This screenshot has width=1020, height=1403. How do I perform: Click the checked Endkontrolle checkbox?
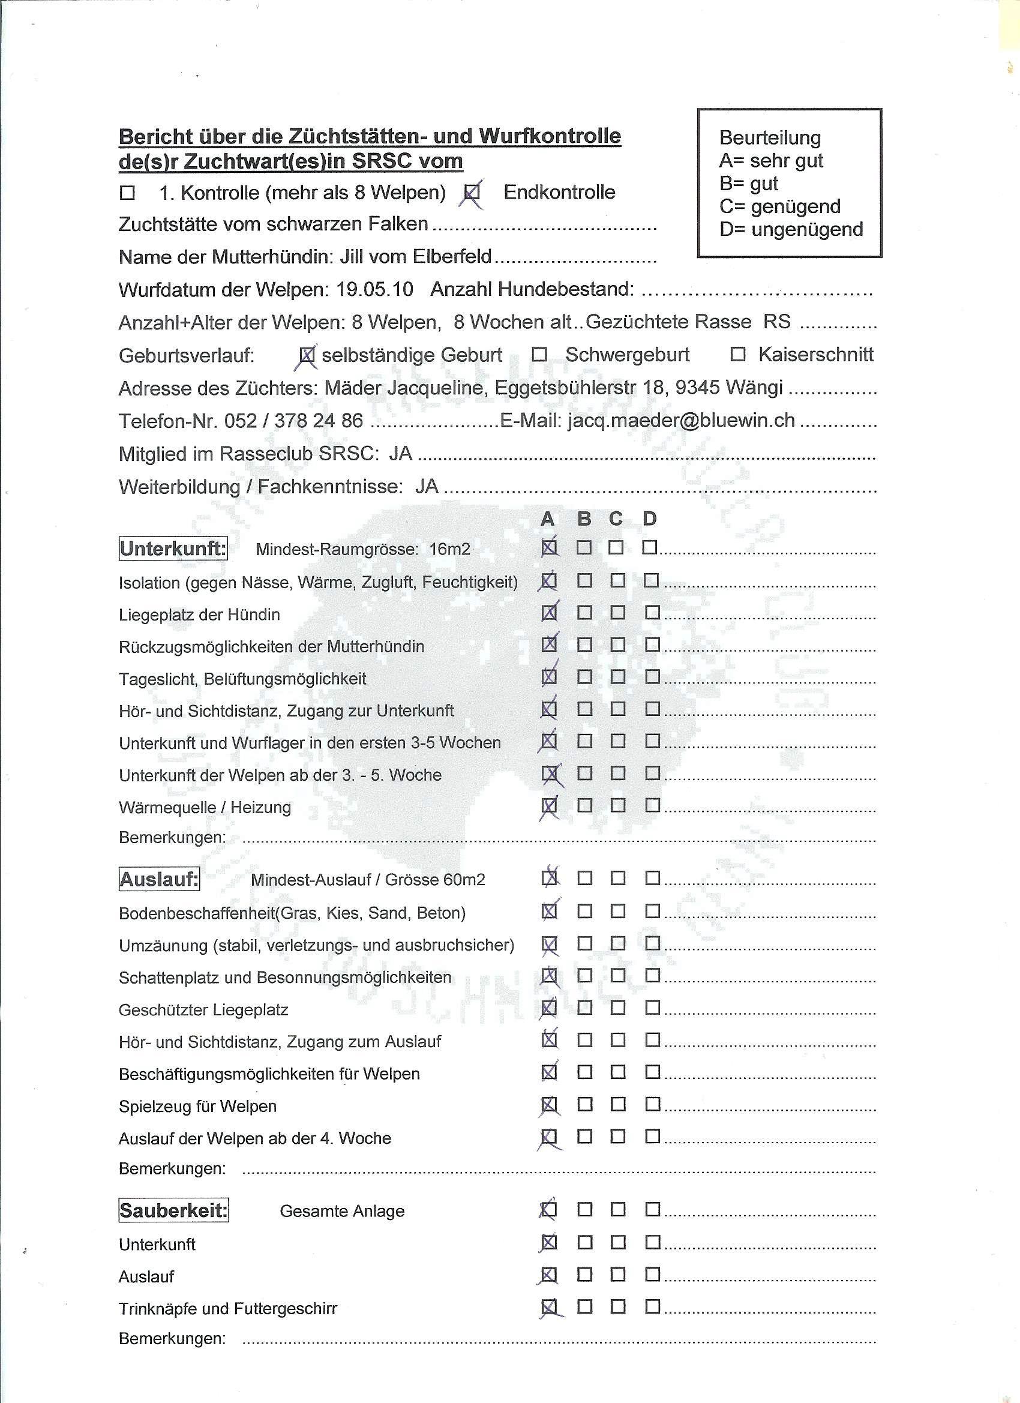point(472,194)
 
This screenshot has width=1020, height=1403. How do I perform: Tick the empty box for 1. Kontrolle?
point(127,194)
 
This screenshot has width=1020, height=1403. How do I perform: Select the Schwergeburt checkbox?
point(540,355)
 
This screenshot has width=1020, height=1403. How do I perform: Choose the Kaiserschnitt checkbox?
point(737,355)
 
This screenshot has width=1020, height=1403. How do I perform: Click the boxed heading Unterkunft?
point(173,548)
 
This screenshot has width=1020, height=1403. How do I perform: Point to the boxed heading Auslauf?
point(159,879)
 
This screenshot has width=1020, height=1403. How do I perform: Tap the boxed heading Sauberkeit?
point(173,1210)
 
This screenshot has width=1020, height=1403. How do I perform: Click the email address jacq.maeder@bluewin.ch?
point(680,421)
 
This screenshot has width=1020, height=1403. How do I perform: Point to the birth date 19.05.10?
point(375,289)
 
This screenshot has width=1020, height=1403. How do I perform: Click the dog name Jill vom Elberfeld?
point(416,257)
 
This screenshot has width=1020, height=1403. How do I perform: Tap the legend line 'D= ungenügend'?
point(791,229)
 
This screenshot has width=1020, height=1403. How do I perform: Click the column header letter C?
point(616,518)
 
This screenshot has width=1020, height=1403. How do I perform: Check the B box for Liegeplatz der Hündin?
point(584,613)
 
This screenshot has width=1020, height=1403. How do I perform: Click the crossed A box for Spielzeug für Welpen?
point(548,1104)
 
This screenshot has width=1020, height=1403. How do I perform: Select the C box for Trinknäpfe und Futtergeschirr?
point(617,1307)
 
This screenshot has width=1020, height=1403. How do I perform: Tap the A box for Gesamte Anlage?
point(548,1209)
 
